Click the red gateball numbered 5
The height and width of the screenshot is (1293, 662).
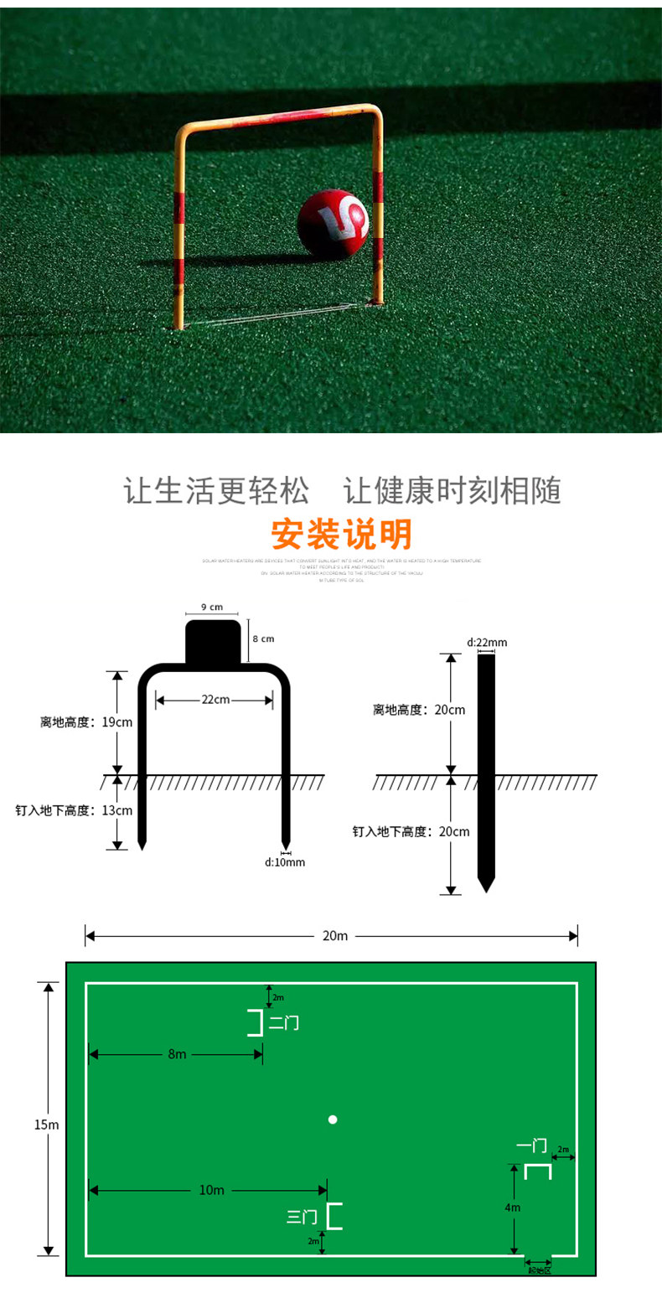point(333,224)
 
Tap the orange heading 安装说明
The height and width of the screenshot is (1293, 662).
point(341,534)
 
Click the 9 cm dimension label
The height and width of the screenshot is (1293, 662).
point(212,607)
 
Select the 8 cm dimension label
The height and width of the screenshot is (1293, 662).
point(263,639)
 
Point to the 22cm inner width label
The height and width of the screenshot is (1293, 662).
point(215,699)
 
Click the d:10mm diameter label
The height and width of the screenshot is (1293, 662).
point(285,861)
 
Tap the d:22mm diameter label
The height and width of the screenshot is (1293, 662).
point(486,643)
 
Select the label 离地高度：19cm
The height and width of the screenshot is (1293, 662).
point(86,721)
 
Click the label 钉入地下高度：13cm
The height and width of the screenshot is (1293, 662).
point(74,810)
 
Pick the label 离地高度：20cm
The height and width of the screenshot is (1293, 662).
point(419,710)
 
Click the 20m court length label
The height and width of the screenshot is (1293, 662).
point(334,935)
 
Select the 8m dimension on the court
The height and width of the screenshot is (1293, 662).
point(177,1054)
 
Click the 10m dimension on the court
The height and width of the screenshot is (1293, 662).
point(211,1190)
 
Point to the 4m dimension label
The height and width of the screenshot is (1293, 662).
point(513,1208)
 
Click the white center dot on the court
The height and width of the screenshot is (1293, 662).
point(333,1120)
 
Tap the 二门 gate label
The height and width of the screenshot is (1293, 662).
point(283,1023)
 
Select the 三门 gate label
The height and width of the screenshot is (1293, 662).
point(302,1216)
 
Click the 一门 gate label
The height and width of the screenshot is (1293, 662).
point(531,1145)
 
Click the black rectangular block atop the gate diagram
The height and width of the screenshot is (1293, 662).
point(213,641)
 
